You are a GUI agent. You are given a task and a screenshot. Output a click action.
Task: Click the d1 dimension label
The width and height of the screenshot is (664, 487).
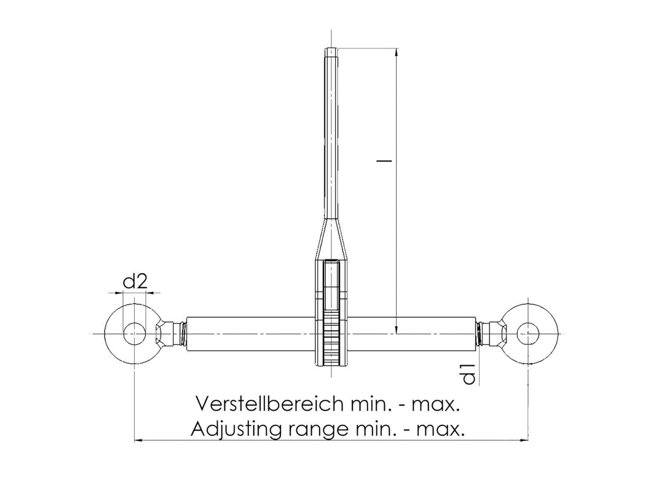[x=469, y=374]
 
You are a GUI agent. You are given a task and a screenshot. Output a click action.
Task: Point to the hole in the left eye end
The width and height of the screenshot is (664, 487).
[x=134, y=334]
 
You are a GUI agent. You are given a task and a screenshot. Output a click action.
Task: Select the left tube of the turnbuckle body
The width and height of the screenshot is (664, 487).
[x=252, y=334]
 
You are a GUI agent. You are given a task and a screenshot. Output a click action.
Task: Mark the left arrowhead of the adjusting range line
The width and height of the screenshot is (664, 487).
[x=138, y=440]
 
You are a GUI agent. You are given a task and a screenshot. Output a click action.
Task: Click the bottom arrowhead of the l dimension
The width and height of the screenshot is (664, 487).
[x=397, y=330]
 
